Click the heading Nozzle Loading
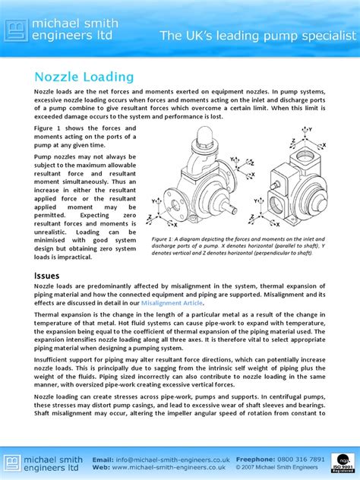coord(84,77)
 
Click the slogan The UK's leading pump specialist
coord(257,36)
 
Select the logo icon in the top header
coord(15,30)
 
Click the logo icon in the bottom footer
coord(15,463)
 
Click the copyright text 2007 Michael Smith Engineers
coord(281,469)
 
